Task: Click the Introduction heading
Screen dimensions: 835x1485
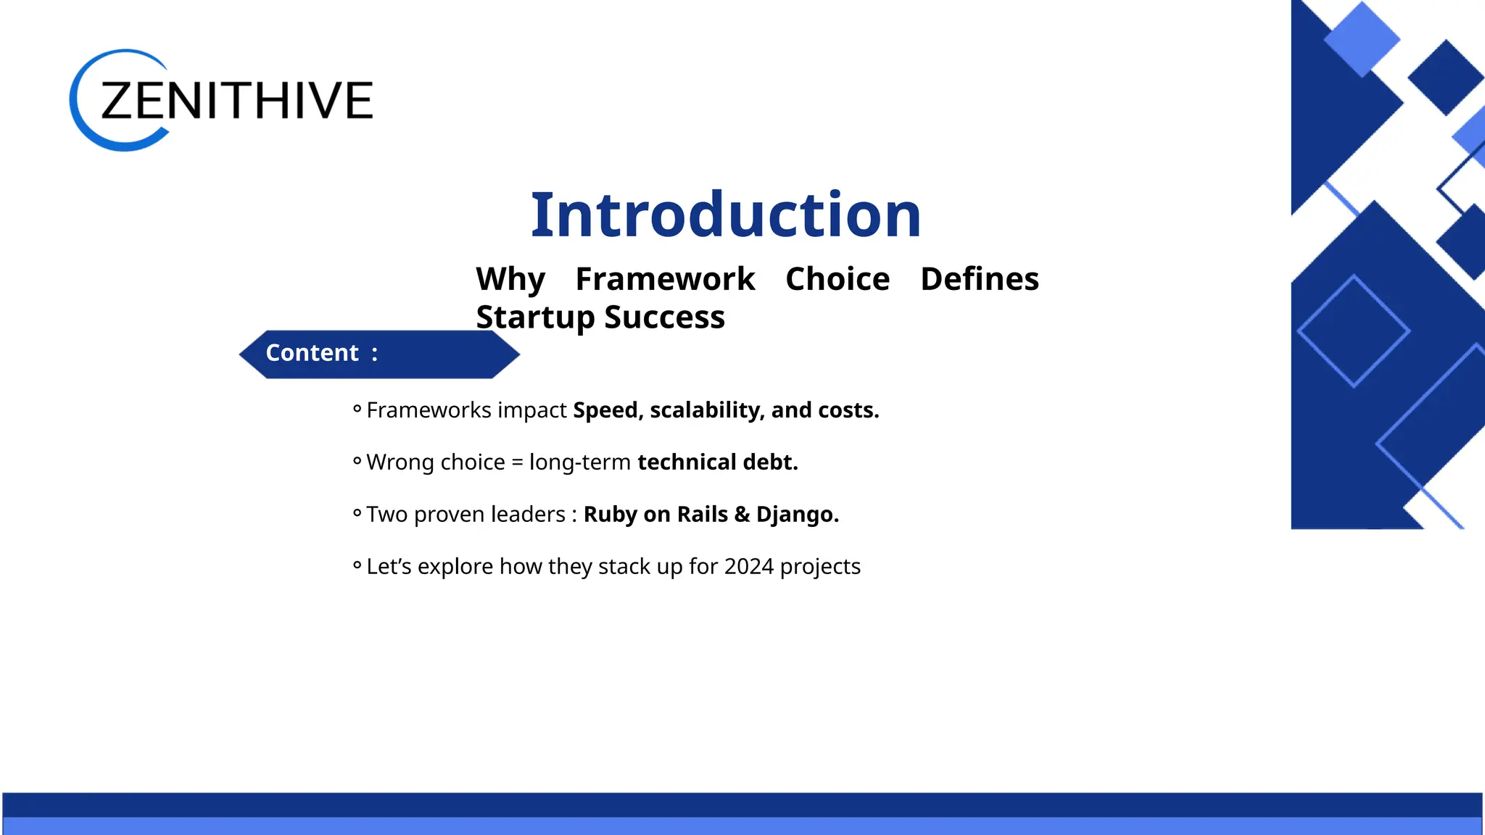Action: click(725, 215)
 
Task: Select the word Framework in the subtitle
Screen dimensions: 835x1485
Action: click(665, 279)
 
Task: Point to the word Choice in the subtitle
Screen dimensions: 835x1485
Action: click(837, 279)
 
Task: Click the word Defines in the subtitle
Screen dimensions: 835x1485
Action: click(979, 279)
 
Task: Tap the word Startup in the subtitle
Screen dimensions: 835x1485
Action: click(535, 317)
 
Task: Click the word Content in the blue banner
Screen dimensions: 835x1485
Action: click(312, 353)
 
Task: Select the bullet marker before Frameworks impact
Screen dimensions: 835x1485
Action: click(357, 409)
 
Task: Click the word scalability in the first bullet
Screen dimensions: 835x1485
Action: click(705, 410)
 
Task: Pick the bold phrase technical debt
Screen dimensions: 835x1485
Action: click(717, 462)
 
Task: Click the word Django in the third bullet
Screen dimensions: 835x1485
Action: click(795, 515)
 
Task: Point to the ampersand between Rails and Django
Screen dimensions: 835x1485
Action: click(742, 515)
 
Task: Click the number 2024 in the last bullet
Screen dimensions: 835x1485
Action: click(748, 567)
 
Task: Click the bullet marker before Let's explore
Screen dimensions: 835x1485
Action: click(357, 565)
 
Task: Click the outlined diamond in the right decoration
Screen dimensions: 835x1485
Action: click(1353, 331)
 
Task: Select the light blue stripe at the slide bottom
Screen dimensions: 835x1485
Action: click(742, 826)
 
